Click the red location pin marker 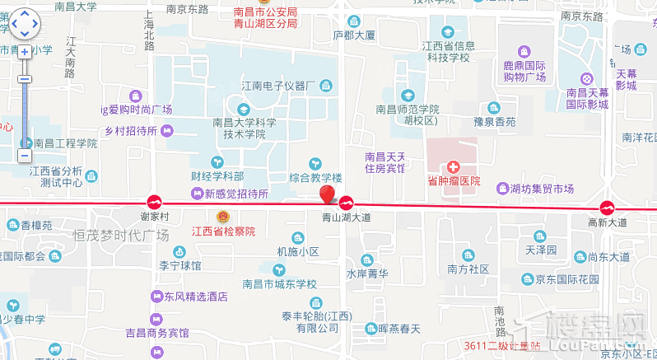click(328, 194)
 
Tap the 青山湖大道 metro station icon click(347, 203)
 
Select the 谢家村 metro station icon click(154, 203)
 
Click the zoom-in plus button click(25, 51)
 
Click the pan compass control click(24, 24)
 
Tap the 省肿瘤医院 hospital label click(454, 180)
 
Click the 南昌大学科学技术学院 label click(244, 127)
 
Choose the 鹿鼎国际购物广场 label click(525, 70)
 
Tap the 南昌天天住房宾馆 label click(385, 162)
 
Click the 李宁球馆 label click(180, 266)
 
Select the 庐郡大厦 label click(354, 36)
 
